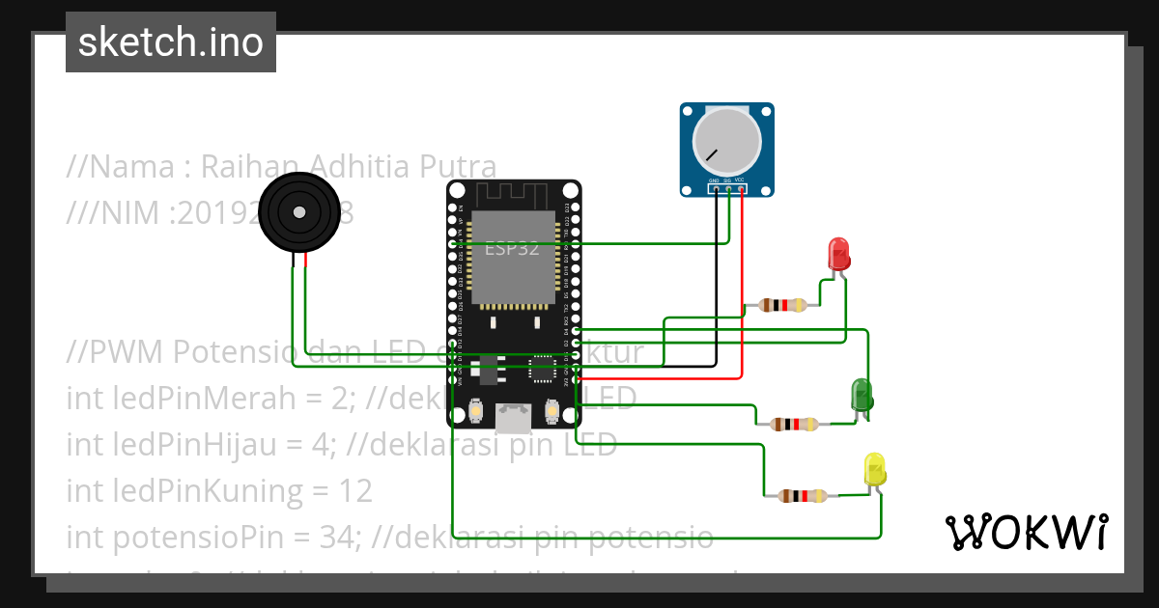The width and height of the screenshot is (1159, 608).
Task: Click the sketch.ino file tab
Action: click(x=171, y=42)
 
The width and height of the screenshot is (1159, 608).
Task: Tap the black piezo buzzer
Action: click(x=297, y=213)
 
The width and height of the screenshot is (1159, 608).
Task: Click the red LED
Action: click(x=838, y=255)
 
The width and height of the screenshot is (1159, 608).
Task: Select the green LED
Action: click(x=861, y=395)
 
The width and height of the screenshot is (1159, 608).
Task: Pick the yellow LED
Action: click(x=875, y=469)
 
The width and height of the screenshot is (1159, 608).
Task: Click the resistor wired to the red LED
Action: click(x=782, y=306)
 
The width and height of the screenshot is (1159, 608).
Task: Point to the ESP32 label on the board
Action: click(x=512, y=247)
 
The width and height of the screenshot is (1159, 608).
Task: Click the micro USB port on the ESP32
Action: click(x=512, y=416)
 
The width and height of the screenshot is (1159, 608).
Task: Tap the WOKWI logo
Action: click(x=1025, y=532)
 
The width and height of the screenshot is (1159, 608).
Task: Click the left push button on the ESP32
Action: click(x=475, y=412)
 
